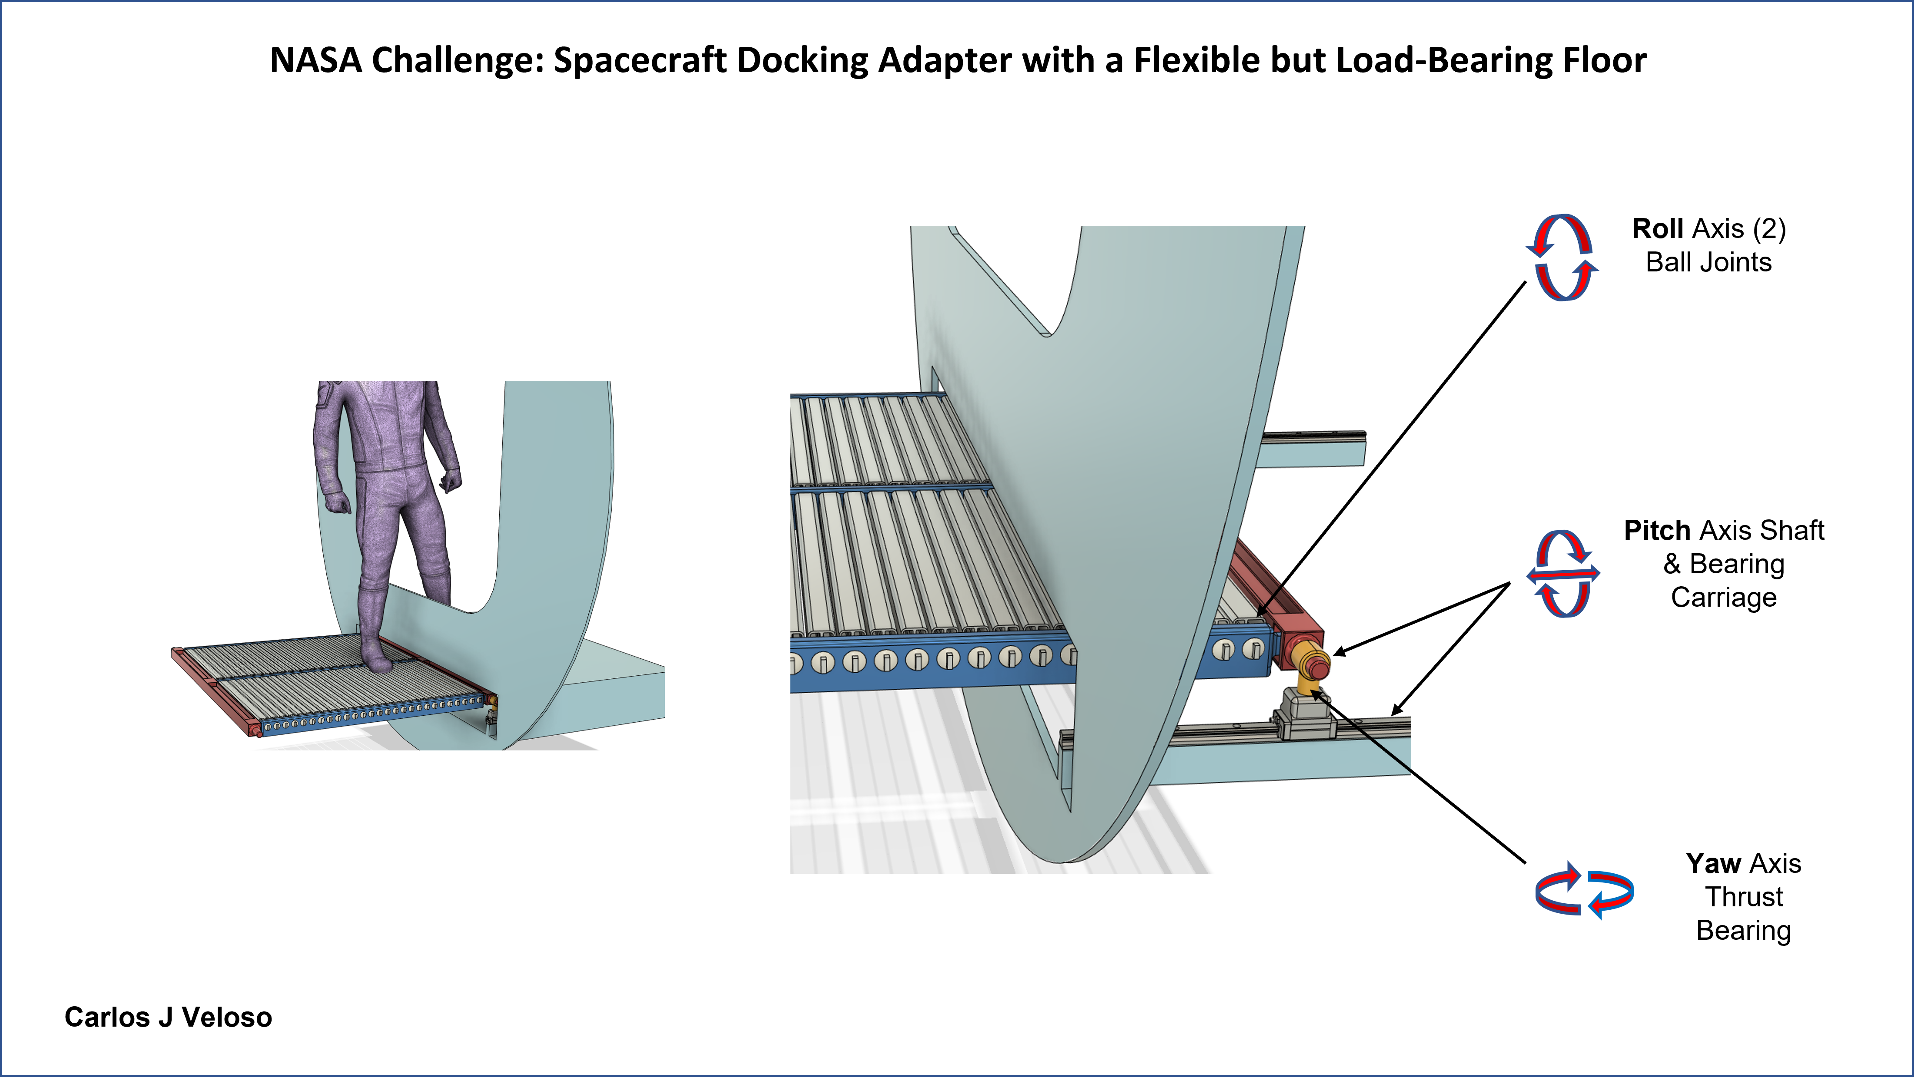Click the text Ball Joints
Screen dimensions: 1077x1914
pos(1708,262)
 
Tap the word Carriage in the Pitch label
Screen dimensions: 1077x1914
pos(1724,597)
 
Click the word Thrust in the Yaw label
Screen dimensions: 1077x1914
pos(1744,897)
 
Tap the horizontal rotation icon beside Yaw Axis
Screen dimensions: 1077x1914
pos(1584,891)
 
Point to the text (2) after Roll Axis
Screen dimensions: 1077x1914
pos(1769,229)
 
